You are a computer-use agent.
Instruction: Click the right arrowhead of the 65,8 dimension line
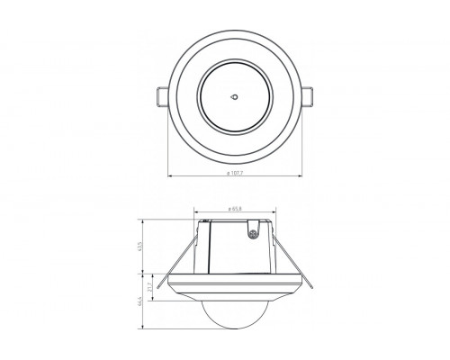pyautogui.click(x=270, y=214)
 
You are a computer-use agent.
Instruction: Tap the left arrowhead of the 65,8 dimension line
pyautogui.click(x=196, y=214)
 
